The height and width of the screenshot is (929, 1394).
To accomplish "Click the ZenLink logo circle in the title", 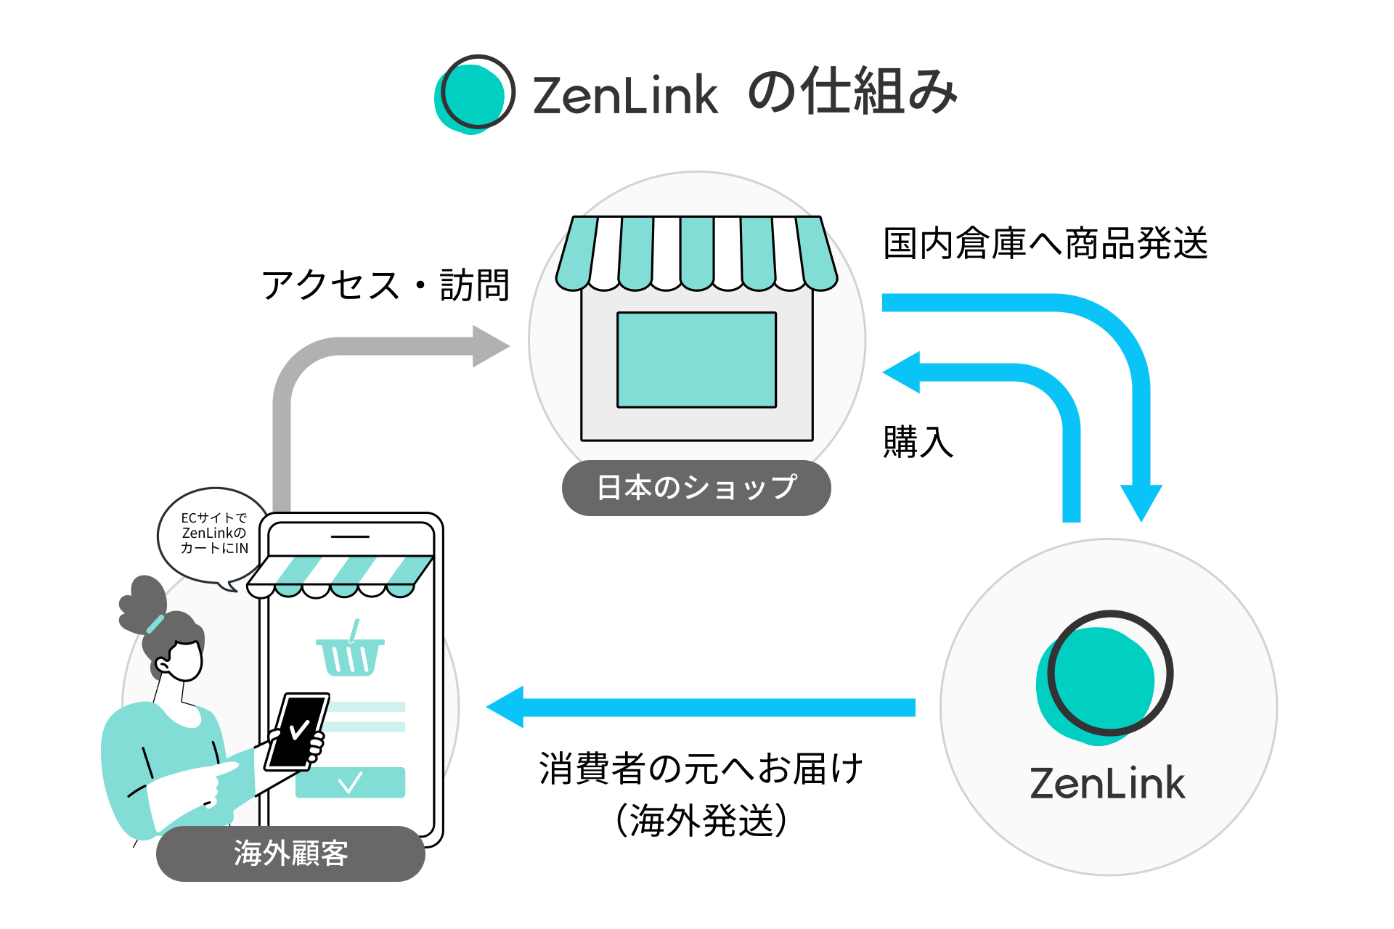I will [475, 94].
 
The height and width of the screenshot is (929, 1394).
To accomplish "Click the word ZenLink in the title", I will [625, 95].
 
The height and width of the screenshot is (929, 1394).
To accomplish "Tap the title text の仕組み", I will [852, 92].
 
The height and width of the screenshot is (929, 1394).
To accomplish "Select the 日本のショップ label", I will [696, 488].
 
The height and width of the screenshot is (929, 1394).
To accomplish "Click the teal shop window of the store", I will [696, 360].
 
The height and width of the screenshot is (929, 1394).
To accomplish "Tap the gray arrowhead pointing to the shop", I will [491, 346].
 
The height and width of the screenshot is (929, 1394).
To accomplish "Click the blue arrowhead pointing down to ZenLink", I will [1141, 502].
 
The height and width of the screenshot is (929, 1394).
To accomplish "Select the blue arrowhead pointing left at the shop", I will [902, 372].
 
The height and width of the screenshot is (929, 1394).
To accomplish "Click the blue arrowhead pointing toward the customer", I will [506, 707].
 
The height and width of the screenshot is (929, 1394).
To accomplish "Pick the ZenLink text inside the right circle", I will [1107, 784].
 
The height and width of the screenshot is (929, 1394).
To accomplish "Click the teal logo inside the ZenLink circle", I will [1104, 678].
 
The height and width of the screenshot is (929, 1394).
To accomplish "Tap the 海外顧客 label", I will [290, 854].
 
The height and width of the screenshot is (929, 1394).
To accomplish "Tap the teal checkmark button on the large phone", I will [350, 782].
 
